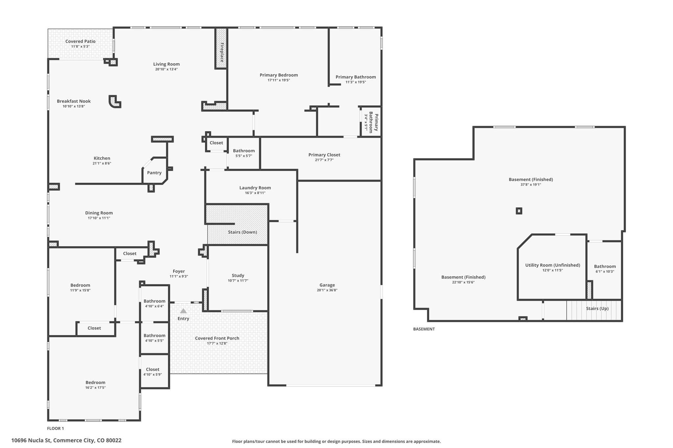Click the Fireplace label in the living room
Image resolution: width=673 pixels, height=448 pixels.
click(x=222, y=52)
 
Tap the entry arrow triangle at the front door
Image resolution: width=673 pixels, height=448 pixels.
click(x=183, y=311)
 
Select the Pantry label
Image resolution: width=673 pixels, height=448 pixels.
click(x=154, y=173)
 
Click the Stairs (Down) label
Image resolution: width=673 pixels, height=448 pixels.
click(x=243, y=232)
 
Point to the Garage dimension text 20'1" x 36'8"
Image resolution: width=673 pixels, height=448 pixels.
click(x=327, y=290)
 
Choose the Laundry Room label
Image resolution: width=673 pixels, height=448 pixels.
click(x=255, y=188)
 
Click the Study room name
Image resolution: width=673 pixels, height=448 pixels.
click(x=238, y=275)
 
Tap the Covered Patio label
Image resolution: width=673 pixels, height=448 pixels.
click(x=81, y=41)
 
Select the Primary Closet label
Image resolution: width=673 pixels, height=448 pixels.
click(x=324, y=155)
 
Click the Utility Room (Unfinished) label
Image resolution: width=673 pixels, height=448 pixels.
click(x=553, y=265)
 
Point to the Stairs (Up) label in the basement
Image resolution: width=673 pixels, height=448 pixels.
click(x=597, y=309)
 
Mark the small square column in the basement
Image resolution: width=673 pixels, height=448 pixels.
click(x=519, y=211)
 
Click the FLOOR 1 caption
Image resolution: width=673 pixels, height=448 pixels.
click(x=56, y=428)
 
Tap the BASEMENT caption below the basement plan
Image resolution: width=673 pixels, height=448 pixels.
click(x=424, y=329)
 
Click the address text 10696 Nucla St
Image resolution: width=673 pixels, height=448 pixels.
click(x=32, y=440)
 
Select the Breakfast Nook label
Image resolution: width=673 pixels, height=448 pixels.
click(x=74, y=101)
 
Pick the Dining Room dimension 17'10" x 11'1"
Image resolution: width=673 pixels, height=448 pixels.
click(x=99, y=218)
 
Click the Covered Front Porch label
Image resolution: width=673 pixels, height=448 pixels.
click(x=217, y=338)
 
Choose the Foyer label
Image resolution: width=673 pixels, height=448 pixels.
click(x=179, y=271)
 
